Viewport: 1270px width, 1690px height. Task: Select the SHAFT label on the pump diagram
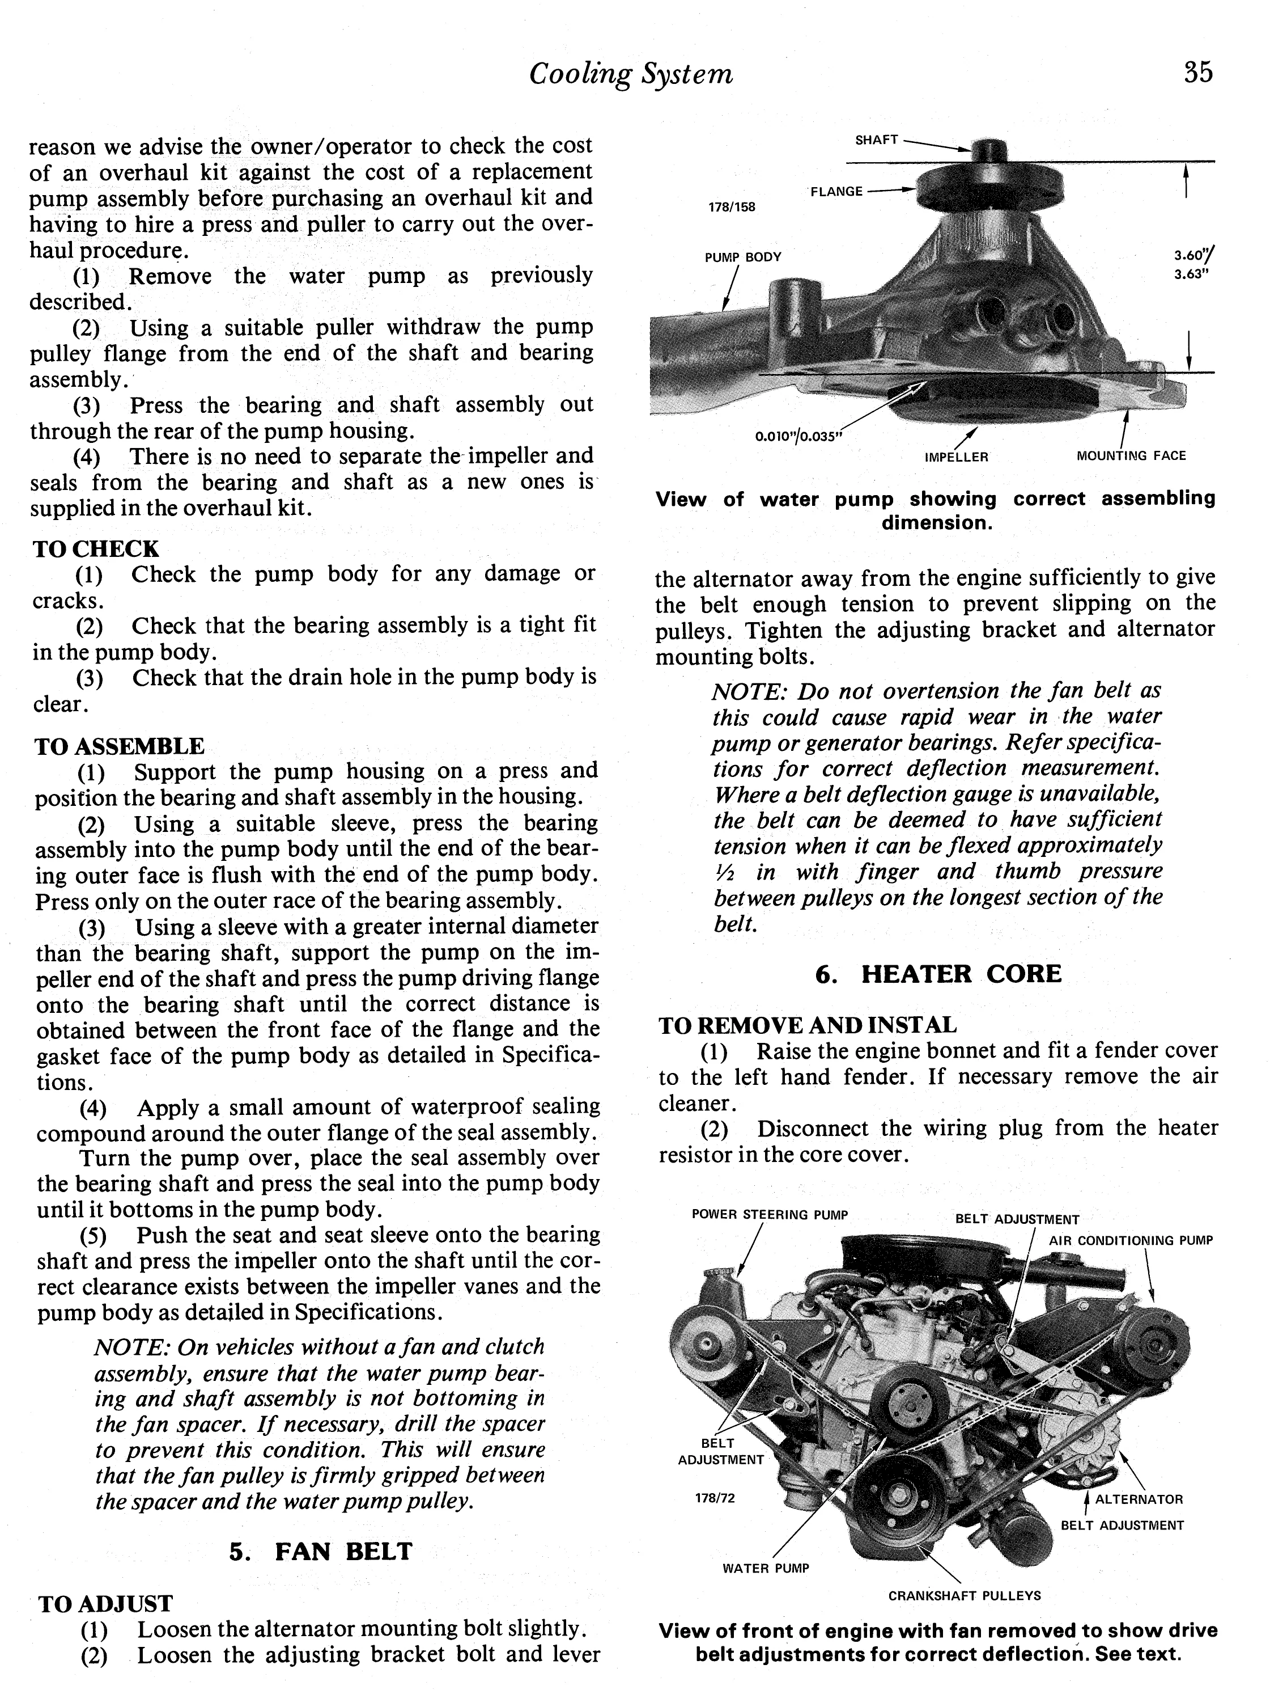coord(876,141)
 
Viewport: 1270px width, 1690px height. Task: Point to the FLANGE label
coord(836,192)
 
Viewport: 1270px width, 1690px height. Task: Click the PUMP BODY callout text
coord(742,257)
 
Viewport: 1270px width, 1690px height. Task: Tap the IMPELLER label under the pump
coord(956,457)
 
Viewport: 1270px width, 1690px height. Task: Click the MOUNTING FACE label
coord(1131,456)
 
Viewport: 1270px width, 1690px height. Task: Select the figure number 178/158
coord(732,207)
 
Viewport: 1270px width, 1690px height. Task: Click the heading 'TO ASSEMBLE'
coord(119,746)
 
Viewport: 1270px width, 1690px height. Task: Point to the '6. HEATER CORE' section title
coord(938,974)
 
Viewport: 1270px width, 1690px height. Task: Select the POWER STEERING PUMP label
coord(769,1215)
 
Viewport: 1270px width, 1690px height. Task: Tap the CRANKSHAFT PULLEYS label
coord(964,1595)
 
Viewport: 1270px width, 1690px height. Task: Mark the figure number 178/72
coord(715,1498)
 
